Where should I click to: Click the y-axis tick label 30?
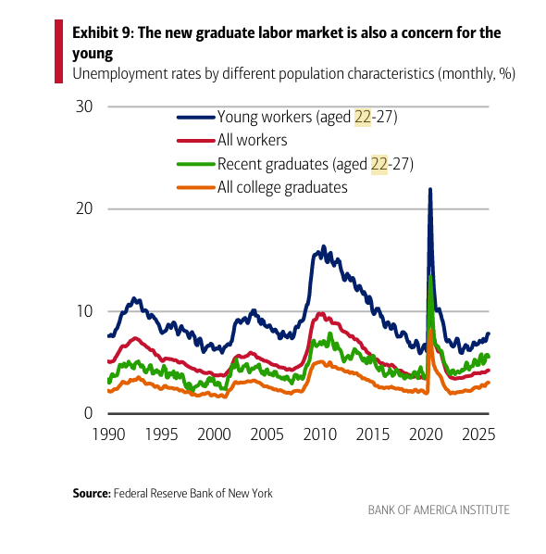coord(84,107)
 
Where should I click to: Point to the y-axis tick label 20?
coord(84,208)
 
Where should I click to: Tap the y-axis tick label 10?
coord(84,311)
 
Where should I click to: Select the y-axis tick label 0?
coord(88,413)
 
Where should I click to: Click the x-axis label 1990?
coord(108,434)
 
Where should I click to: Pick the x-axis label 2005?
coord(267,434)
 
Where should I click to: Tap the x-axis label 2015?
coord(373,434)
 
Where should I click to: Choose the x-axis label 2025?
coord(478,434)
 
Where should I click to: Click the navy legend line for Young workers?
coord(196,118)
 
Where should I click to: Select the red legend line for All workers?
coord(196,141)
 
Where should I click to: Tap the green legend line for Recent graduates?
coord(196,164)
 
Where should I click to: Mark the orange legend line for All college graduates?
coord(196,187)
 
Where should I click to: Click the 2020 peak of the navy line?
coord(430,189)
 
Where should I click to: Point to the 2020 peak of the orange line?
coord(430,331)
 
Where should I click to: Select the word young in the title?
coord(93,54)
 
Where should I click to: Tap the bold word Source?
coord(92,493)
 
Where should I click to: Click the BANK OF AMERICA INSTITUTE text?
coord(439,510)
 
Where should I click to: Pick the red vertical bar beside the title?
coord(58,51)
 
